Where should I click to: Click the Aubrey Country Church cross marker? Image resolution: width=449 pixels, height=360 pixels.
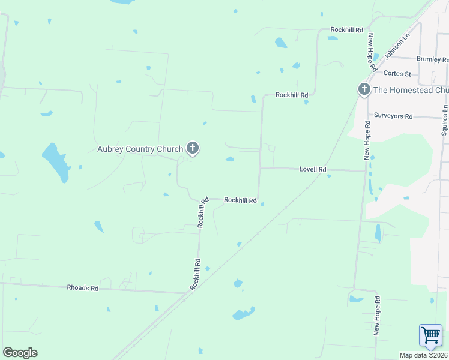(193, 148)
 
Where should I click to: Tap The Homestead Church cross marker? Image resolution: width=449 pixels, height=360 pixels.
(364, 89)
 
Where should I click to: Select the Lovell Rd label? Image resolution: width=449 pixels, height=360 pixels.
(313, 170)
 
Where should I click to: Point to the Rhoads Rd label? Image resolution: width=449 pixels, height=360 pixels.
(82, 288)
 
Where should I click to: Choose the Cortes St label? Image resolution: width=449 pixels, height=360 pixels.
(397, 74)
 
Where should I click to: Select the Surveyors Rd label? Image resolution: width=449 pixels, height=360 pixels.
(393, 116)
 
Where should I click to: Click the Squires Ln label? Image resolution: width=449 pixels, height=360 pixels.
(445, 120)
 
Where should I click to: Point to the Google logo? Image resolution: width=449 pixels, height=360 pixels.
(20, 353)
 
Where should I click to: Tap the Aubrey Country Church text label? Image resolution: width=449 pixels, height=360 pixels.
(140, 149)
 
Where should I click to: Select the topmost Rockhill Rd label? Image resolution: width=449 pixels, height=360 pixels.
(347, 29)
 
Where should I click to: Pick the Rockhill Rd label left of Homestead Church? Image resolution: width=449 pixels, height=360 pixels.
(292, 95)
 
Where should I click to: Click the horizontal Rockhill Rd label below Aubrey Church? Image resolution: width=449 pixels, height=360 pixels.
(240, 200)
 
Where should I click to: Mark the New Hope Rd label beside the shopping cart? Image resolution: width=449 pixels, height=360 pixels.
(377, 315)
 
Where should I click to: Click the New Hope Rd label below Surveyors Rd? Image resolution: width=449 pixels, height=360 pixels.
(367, 140)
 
